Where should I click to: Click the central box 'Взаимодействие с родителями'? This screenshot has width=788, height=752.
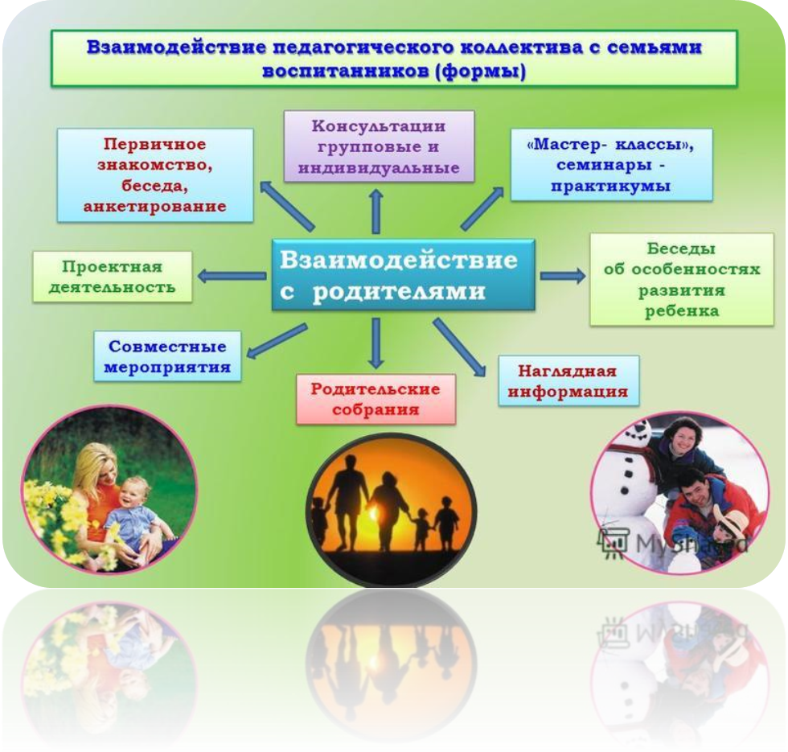coord(403,274)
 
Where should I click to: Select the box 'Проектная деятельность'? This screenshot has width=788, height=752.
coord(112,277)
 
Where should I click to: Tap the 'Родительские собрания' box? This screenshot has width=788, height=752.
coord(376,399)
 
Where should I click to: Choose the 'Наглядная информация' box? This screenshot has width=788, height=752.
coord(568,380)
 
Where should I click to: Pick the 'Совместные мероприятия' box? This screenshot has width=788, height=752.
coord(167,355)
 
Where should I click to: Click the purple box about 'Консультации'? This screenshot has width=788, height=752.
coord(379,146)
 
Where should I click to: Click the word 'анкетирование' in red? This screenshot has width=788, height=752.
coord(154,207)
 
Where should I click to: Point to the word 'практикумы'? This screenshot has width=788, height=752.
coord(610,187)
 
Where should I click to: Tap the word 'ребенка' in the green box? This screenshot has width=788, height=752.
coord(682,311)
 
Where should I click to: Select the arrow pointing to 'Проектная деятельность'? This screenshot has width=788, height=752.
coord(232,276)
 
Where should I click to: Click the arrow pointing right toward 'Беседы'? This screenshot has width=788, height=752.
coord(563,275)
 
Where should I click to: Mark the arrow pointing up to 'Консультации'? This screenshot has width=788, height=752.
coord(376,212)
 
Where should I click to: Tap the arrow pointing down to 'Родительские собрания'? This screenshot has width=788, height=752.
coord(376,343)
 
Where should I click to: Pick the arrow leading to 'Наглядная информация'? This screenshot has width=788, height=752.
coord(459,347)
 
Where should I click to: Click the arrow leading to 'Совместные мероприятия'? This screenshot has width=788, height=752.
coord(277,341)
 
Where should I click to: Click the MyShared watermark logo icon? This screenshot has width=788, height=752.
coord(613,541)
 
